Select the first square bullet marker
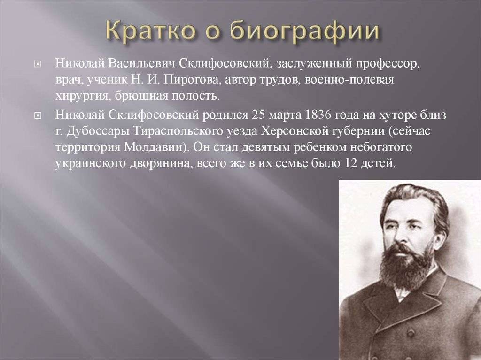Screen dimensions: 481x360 pyautogui.click(x=38, y=65)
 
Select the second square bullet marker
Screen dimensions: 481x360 pyautogui.click(x=38, y=115)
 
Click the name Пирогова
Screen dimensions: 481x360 pyautogui.click(x=192, y=80)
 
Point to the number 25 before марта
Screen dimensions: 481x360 pyautogui.click(x=258, y=115)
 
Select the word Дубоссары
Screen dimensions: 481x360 pyautogui.click(x=98, y=132)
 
